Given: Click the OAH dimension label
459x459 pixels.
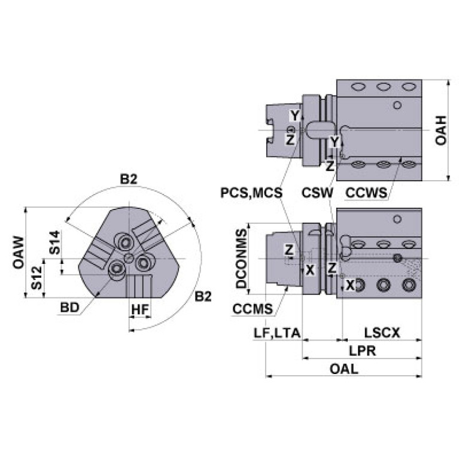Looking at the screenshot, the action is point(441,130).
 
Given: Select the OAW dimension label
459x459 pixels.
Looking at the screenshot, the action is point(19,253).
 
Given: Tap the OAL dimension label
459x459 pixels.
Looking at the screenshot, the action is point(344,369).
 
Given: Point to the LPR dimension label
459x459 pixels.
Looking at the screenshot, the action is point(363,351).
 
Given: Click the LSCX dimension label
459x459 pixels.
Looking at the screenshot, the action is point(382,333).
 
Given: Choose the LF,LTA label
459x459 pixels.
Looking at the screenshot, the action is point(277,333).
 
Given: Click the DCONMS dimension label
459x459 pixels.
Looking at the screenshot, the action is point(242,259).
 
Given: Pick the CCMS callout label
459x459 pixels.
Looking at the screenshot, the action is point(253,309).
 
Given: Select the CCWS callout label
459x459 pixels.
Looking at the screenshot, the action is point(366,193).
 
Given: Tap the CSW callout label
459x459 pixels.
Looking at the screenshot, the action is point(317,193).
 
